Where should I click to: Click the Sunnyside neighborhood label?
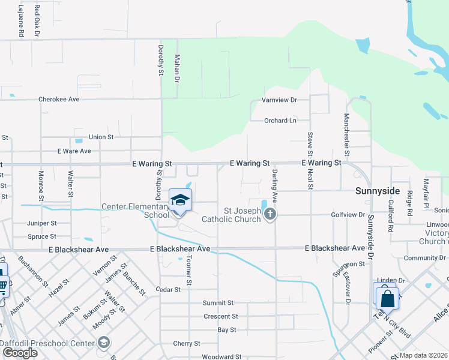pos(377,191)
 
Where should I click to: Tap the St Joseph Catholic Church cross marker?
pos(270,214)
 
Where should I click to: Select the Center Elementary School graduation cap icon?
pos(180,200)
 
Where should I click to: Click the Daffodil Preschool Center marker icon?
pos(103,343)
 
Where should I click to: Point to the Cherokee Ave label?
pos(59,99)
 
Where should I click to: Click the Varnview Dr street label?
pos(279,100)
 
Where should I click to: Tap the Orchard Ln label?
pos(280,121)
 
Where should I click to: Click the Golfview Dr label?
pos(348,214)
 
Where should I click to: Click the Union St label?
pos(101,137)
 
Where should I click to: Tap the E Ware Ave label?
pos(74,151)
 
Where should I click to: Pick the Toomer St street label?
pos(188,269)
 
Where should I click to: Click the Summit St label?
pos(217,303)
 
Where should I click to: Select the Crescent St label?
pos(220,316)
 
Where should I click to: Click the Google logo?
pos(19,353)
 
